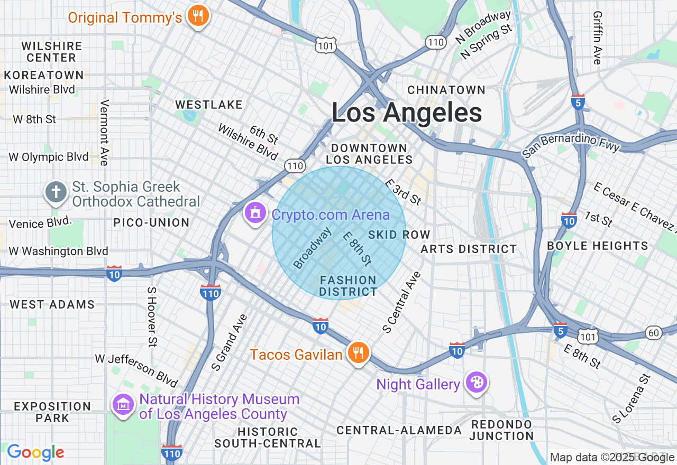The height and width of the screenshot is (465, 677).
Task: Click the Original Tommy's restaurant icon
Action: click(x=198, y=16)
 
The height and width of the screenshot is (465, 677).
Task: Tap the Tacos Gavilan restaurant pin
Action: click(x=358, y=352)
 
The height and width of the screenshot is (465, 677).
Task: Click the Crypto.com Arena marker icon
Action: click(x=256, y=213)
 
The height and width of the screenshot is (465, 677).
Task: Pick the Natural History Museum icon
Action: click(x=124, y=405)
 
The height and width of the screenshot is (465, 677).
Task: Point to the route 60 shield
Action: click(x=654, y=332)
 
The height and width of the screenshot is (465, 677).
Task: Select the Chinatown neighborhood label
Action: click(x=446, y=90)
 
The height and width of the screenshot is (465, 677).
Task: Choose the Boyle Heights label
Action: click(x=598, y=246)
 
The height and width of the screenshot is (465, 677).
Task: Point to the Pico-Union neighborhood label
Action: click(x=151, y=222)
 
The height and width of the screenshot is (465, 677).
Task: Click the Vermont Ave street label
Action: click(x=104, y=132)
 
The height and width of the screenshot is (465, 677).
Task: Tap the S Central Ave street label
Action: click(x=401, y=302)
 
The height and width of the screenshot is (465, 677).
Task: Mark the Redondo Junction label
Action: click(x=501, y=430)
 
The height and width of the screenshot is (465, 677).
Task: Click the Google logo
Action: click(x=35, y=452)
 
